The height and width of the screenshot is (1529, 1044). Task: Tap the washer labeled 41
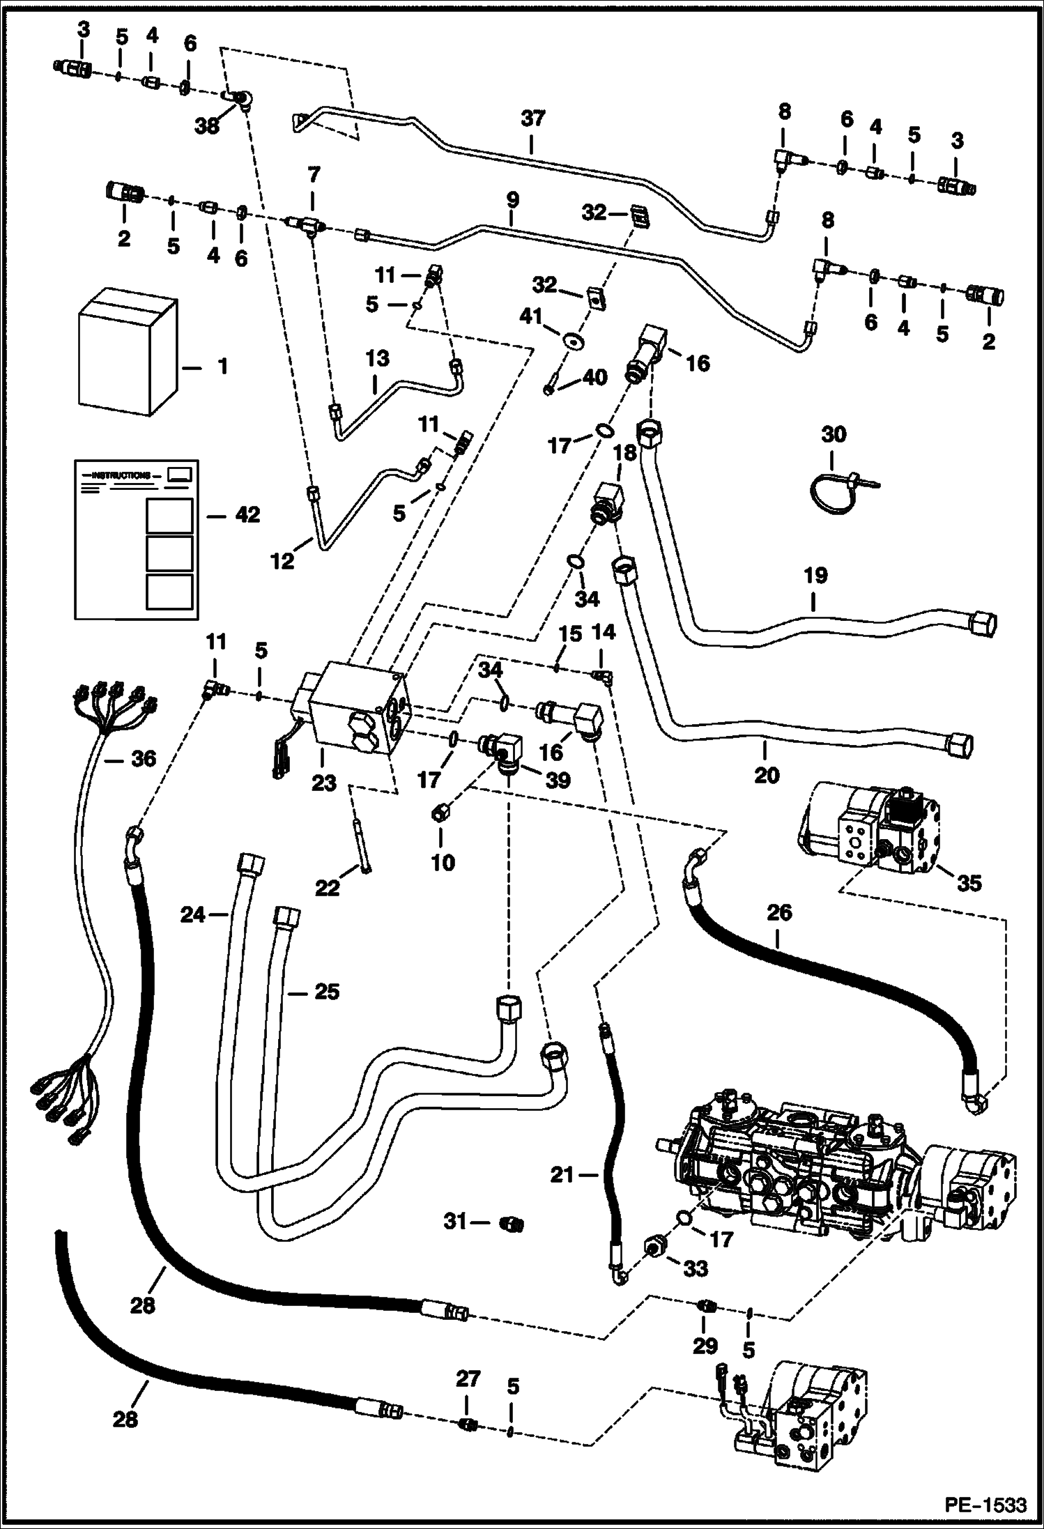[576, 341]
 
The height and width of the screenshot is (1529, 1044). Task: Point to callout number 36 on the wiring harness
[144, 758]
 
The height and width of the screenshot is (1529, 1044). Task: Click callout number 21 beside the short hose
[561, 1175]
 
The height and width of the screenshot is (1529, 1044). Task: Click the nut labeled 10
[441, 813]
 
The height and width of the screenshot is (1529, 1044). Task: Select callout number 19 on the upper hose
[815, 575]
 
